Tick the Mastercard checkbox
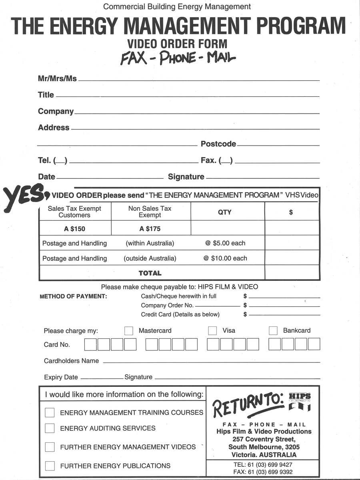129,331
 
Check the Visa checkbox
212,331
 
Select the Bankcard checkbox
273,331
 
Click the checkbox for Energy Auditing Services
50,428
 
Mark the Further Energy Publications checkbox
50,466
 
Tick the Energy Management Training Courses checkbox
50,412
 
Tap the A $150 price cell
74,229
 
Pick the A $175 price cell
150,229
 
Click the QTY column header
225,212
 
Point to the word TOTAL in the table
150,274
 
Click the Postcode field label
218,144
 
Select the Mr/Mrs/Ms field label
57,79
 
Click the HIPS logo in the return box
299,402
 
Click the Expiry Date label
61,377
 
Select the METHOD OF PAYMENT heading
73,297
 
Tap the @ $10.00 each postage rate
225,258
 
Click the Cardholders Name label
71,361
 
